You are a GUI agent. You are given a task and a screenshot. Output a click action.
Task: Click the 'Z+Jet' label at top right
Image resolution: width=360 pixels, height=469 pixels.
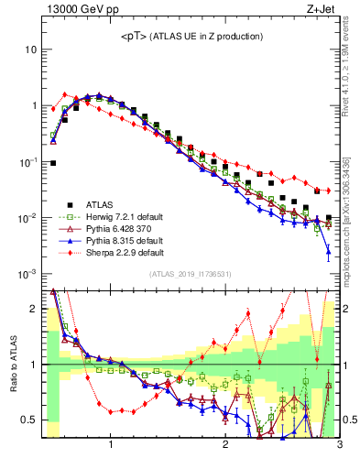(x=322, y=9)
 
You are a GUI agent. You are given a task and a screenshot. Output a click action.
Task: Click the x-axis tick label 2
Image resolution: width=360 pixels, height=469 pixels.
(x=225, y=446)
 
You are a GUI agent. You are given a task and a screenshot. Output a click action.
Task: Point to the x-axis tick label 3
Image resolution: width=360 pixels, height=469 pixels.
(x=339, y=446)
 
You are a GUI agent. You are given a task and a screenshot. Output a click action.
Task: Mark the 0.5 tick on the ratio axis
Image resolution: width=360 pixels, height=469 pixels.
(x=30, y=420)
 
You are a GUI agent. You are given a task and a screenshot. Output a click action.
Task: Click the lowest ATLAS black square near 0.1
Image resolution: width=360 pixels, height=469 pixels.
(x=53, y=163)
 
